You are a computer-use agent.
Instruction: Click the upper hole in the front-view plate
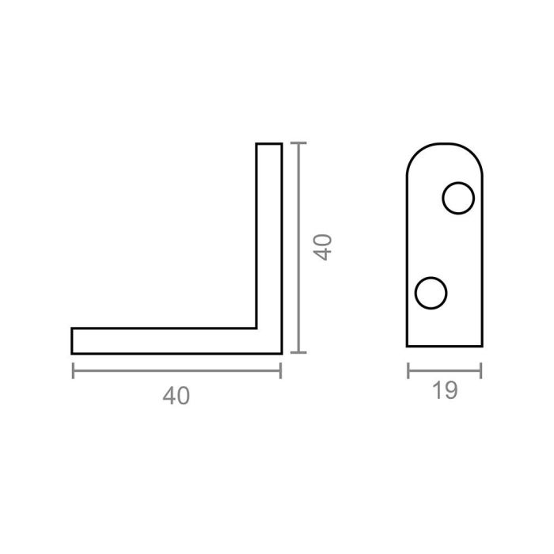tap(458, 199)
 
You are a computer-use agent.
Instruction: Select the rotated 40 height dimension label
tap(321, 247)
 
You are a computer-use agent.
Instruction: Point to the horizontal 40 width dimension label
tap(176, 396)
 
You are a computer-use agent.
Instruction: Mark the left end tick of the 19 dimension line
tap(408, 370)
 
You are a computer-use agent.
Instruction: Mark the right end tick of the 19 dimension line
tap(481, 370)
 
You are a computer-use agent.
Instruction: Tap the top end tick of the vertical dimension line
tap(296, 143)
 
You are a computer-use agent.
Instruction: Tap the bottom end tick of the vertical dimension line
tap(296, 353)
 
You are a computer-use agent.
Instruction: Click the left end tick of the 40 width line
tap(73, 370)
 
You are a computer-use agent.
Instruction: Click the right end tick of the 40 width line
tap(281, 370)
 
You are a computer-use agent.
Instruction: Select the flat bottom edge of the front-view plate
tap(444, 346)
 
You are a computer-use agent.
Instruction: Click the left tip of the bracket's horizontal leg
tap(72, 340)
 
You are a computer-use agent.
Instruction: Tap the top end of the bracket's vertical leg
tap(269, 144)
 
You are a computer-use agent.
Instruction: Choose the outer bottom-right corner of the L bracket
tap(281, 352)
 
